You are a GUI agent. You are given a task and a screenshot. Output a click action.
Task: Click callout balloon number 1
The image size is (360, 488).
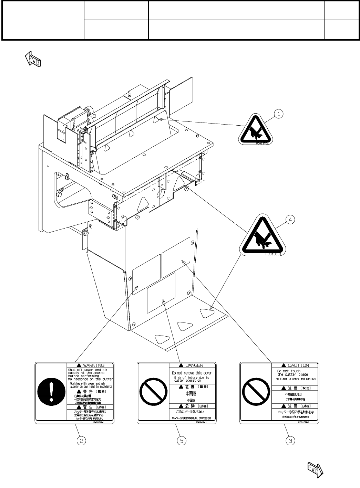[279, 113]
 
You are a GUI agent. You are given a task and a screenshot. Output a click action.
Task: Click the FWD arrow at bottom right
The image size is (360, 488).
[314, 470]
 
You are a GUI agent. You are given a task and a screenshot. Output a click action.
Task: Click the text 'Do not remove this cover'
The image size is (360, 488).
[192, 373]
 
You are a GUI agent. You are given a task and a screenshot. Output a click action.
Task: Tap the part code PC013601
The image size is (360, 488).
[274, 255]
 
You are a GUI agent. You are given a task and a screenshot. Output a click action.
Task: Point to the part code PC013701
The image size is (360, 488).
[263, 144]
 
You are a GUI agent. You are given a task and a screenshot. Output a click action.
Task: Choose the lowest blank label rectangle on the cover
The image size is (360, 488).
[161, 293]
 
